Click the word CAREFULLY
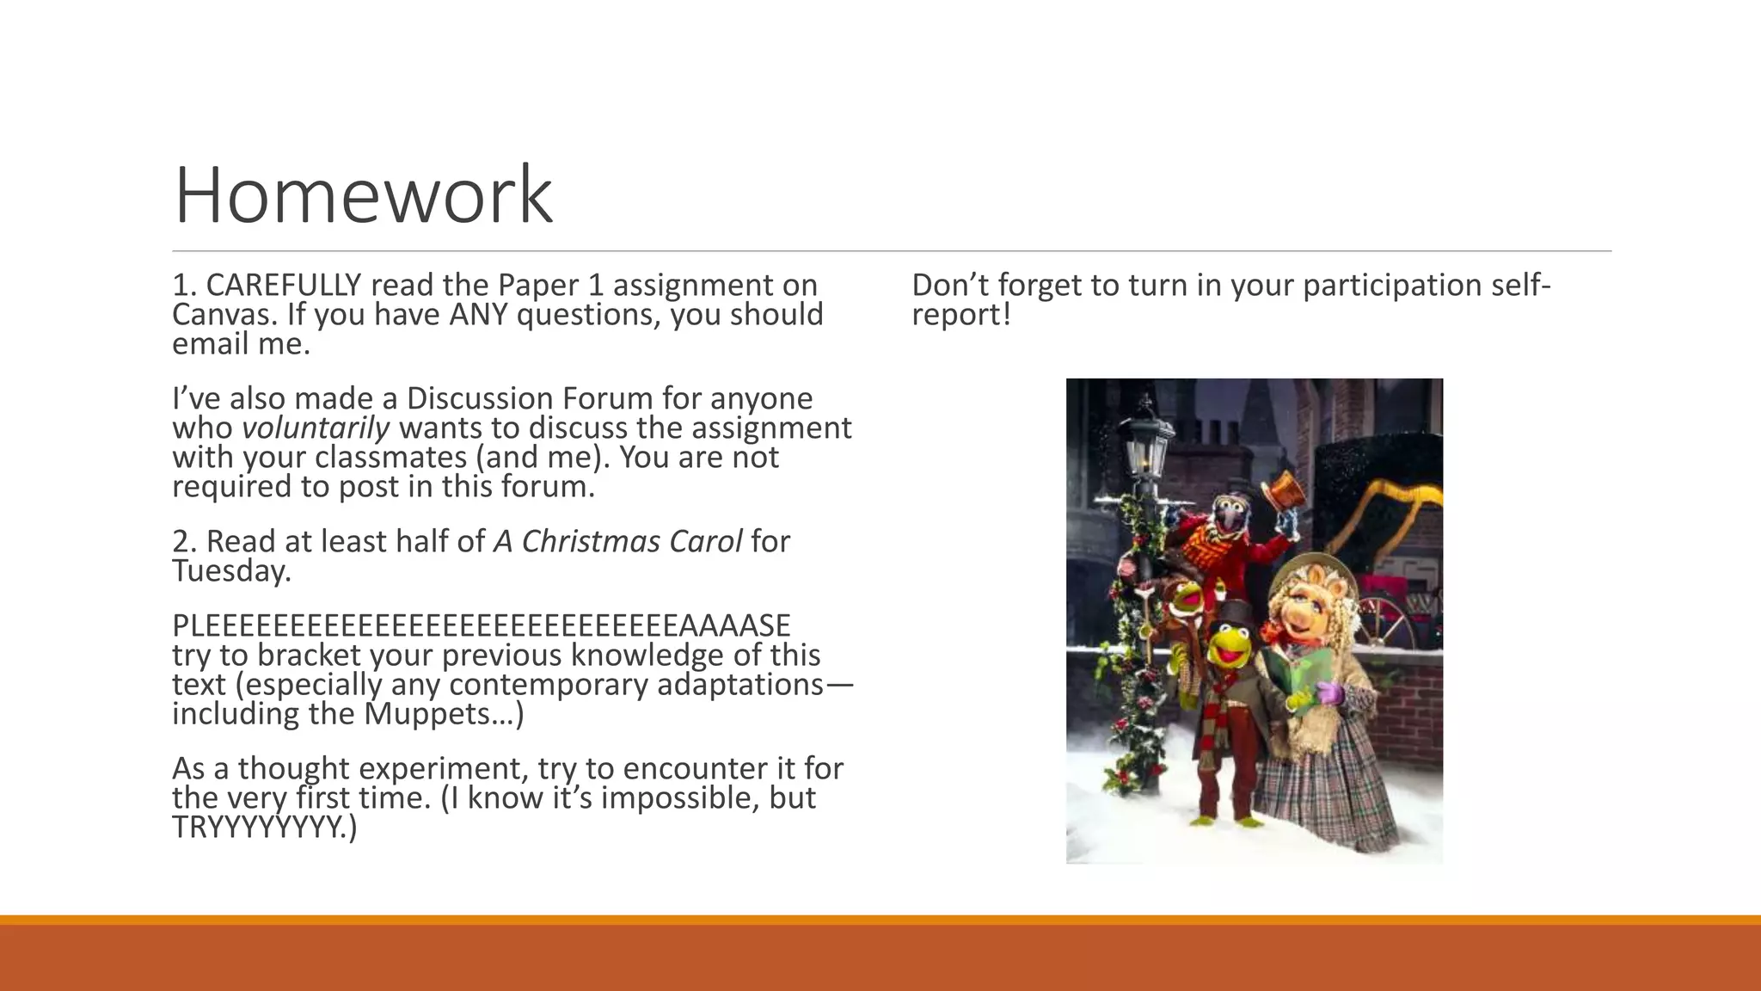coord(284,285)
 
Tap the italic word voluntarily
coord(316,428)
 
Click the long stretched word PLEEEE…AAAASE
coord(482,625)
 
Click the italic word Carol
coord(698,541)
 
